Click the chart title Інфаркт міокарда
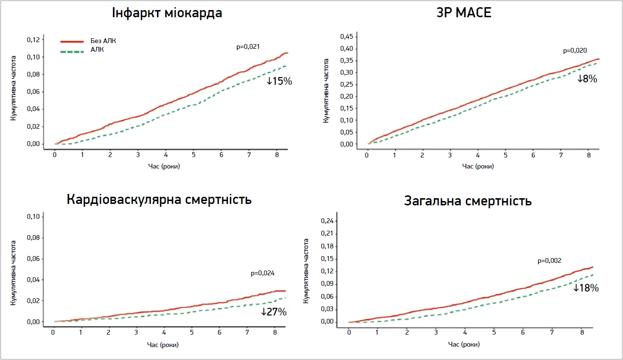point(167,12)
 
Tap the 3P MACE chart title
point(461,12)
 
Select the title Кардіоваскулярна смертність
point(159,199)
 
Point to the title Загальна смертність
point(468,201)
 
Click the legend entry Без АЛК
point(103,41)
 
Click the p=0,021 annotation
point(248,46)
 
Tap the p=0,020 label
point(575,50)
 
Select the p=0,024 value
point(262,273)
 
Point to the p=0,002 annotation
point(549,261)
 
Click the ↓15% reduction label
point(279,81)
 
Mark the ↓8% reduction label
point(587,79)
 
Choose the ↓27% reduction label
point(273,312)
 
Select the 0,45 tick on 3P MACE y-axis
point(346,37)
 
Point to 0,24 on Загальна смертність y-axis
point(328,221)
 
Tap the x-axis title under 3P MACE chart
point(478,166)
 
